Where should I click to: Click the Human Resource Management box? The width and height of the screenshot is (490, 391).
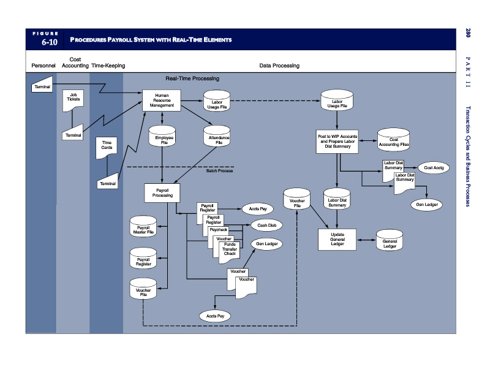coord(162,101)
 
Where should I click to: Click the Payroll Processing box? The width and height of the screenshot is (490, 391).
coord(162,192)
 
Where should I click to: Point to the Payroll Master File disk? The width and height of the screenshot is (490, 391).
coord(143,227)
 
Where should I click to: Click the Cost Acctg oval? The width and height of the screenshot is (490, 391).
coord(434,167)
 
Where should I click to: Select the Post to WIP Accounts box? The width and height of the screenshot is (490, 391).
coord(337,141)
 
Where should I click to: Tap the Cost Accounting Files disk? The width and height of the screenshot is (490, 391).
coord(393,141)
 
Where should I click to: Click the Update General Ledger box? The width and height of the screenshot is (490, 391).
coord(337,239)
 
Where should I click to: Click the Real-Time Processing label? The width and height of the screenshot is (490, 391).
coord(192,78)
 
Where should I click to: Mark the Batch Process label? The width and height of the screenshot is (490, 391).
coord(219,170)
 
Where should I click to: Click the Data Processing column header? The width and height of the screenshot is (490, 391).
coord(279,66)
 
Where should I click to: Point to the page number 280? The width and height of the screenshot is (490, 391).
coord(467,32)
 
